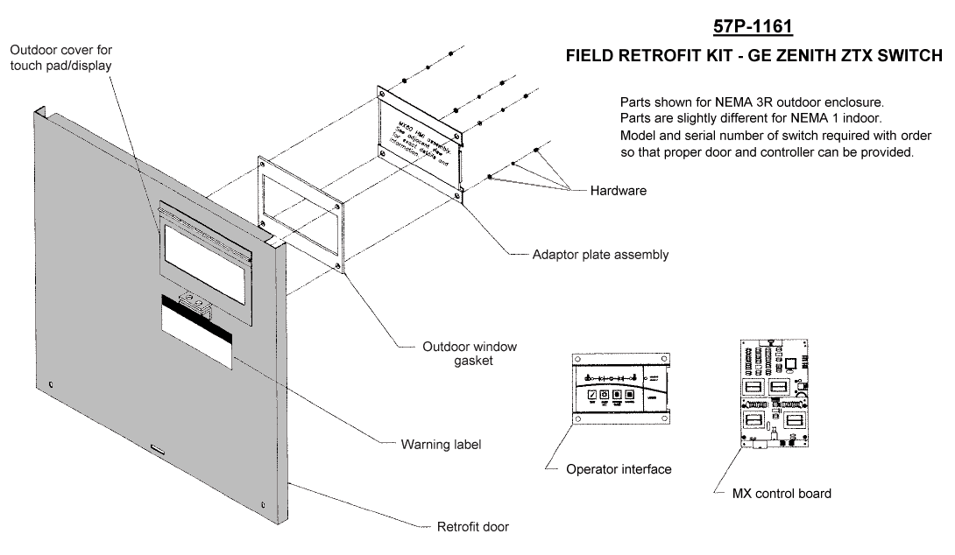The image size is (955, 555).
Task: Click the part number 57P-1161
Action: click(747, 27)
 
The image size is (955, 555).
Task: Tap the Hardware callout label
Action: click(619, 190)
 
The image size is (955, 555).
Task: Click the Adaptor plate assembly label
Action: click(600, 255)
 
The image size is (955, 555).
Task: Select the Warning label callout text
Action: click(441, 445)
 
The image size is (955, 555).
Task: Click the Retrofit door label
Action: click(472, 527)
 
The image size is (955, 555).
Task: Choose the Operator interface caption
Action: click(619, 469)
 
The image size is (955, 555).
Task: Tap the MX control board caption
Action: click(782, 493)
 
